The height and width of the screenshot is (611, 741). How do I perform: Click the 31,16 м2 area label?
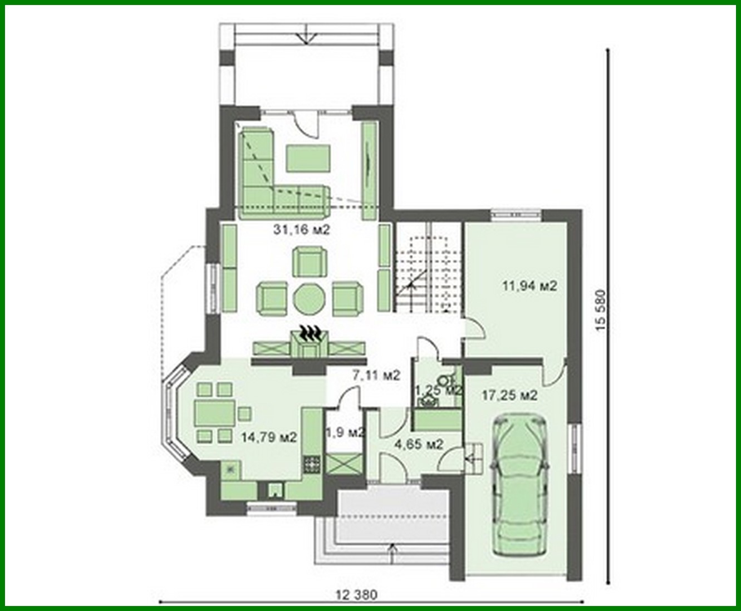tap(301, 229)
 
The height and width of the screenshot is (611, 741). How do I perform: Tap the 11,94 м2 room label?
tap(529, 287)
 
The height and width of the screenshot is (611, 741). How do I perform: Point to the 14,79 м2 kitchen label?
tap(269, 437)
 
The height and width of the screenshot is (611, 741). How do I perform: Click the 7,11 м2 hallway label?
tap(376, 375)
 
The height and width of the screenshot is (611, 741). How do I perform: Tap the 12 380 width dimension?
tap(357, 594)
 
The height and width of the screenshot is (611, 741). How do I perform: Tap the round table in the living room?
tap(309, 300)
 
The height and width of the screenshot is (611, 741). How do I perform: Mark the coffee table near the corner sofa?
tap(309, 158)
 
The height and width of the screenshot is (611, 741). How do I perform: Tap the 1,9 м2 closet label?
tap(344, 432)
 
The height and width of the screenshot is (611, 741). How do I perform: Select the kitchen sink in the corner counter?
tap(230, 471)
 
